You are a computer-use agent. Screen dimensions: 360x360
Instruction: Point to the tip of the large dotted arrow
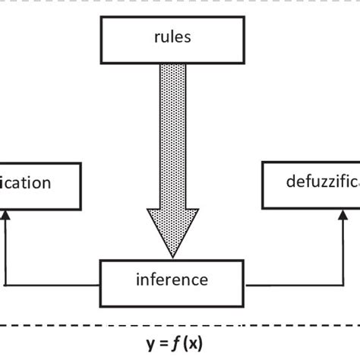tap(170, 254)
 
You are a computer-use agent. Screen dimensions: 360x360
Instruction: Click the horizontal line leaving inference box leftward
tap(53, 286)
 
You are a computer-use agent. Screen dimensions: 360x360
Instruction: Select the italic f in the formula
tap(177, 343)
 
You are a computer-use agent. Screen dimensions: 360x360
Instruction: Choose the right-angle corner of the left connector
tap(5, 286)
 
